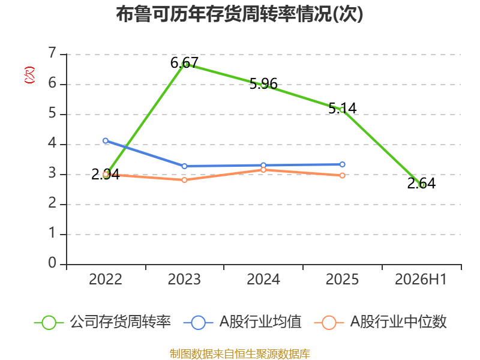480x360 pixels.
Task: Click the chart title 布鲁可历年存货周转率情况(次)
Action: coord(239,14)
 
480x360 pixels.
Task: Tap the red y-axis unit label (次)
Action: coord(29,75)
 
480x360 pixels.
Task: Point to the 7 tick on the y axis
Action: coord(53,53)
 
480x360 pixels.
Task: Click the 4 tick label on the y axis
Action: coord(53,143)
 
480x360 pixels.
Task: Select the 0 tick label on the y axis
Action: coord(53,263)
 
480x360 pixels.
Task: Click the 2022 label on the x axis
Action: coord(106,279)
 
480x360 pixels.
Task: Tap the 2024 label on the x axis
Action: coord(263,279)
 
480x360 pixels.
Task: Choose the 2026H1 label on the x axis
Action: coord(421,279)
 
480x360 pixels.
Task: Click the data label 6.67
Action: coord(185,63)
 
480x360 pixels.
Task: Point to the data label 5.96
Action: coord(263,83)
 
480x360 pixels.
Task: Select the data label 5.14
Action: coord(343,108)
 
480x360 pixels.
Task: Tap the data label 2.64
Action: coord(422,183)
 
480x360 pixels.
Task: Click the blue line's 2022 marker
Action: coord(106,141)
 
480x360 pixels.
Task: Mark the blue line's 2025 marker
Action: coord(343,164)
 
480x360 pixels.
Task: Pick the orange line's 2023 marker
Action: coord(185,180)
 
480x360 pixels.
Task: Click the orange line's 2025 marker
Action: coord(343,175)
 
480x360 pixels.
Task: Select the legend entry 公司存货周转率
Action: coord(103,322)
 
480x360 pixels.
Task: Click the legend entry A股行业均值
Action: coord(242,322)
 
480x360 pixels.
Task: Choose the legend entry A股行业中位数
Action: coord(380,322)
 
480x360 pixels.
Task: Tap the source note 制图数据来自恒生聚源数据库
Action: coord(240,354)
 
